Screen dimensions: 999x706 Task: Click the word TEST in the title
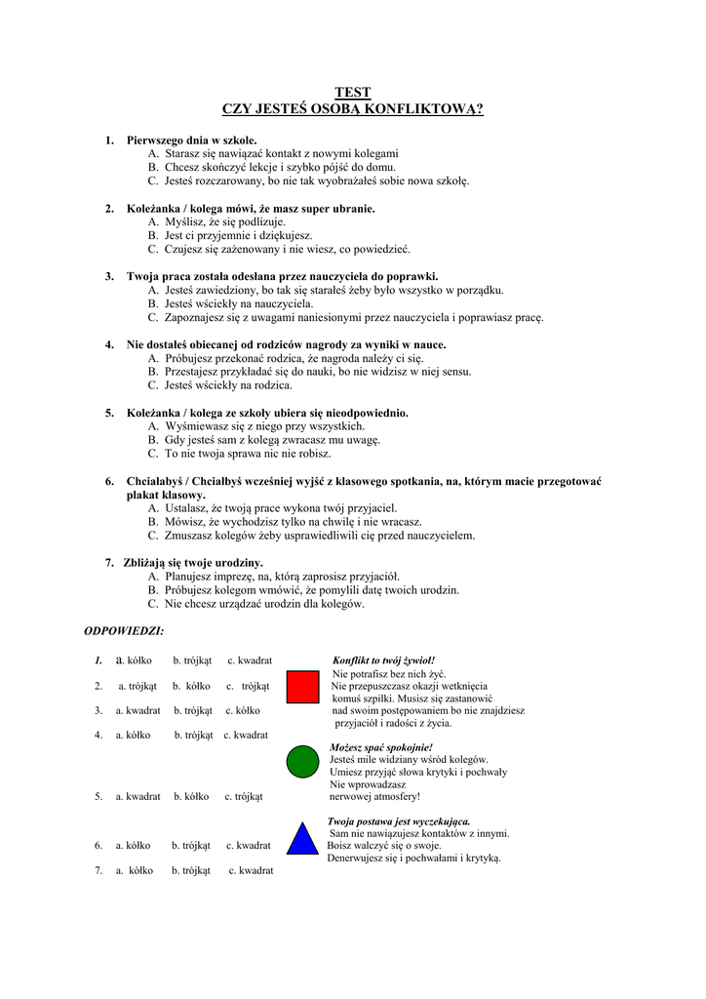[353, 93]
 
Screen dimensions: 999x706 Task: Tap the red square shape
[302, 686]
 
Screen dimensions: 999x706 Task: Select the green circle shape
[303, 761]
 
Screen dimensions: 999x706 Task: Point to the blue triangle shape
[303, 839]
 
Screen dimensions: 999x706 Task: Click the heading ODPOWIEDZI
[125, 630]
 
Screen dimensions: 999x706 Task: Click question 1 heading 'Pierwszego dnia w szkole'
[191, 140]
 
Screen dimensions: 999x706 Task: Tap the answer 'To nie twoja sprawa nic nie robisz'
[247, 454]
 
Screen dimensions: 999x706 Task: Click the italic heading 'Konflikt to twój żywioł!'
[383, 660]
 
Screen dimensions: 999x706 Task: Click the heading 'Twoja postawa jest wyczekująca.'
[399, 821]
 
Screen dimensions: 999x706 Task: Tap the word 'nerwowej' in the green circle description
[353, 796]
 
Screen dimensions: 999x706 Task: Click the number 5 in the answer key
[98, 796]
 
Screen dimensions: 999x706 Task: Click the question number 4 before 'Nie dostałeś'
[109, 344]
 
